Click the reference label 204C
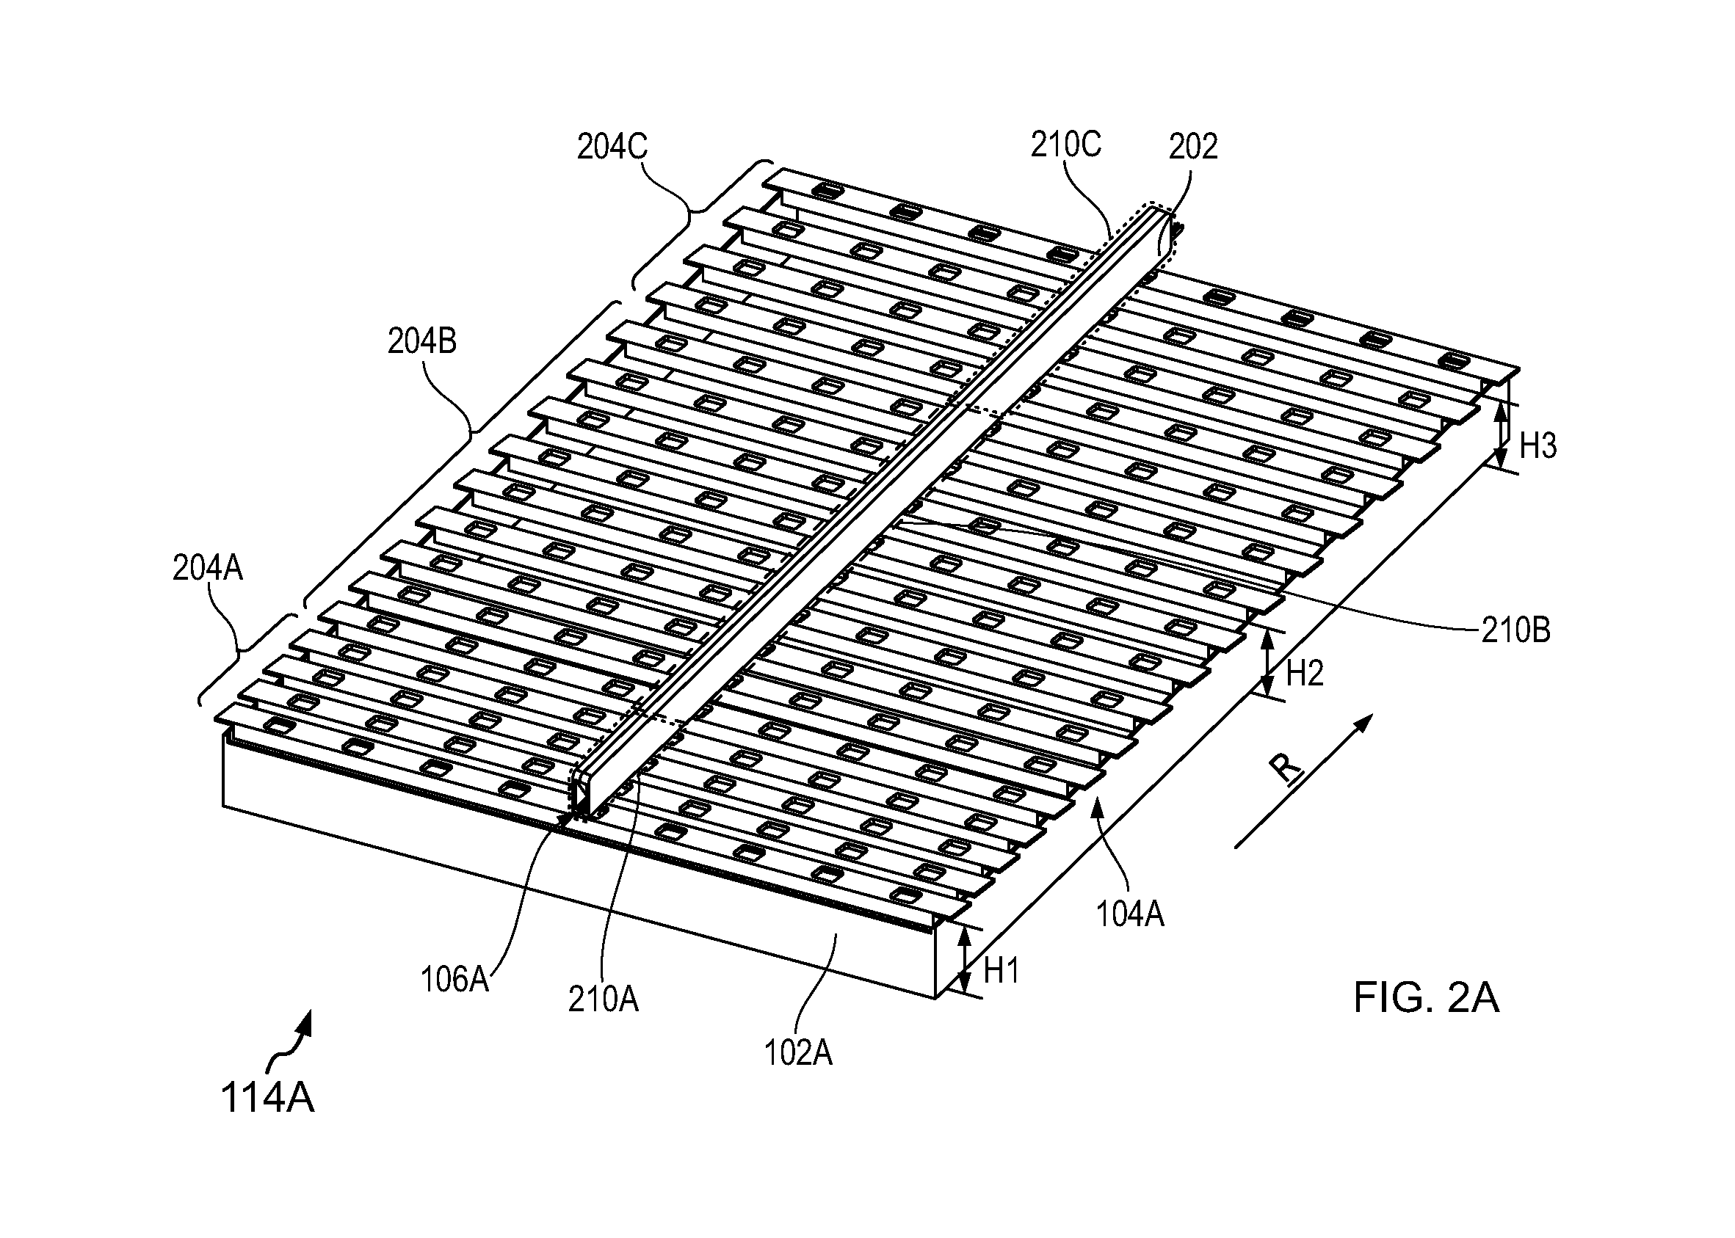[612, 146]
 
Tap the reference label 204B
[421, 341]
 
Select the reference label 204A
[208, 569]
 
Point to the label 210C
[1065, 144]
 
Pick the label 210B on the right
[1515, 630]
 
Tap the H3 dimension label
[1537, 445]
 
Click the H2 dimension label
[1305, 673]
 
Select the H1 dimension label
[1001, 970]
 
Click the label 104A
[1129, 912]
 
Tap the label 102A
[797, 1053]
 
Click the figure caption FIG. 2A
[1426, 997]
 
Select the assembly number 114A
[267, 1099]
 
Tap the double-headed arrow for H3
[1500, 435]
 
